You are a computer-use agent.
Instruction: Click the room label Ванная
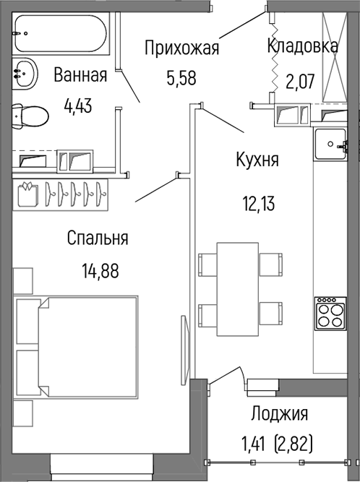pyautogui.click(x=80, y=75)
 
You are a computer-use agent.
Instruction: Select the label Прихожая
pyautogui.click(x=181, y=49)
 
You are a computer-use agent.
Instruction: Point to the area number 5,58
pyautogui.click(x=181, y=78)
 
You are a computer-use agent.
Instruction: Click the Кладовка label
pyautogui.click(x=302, y=46)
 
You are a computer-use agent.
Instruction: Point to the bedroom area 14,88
pyautogui.click(x=100, y=271)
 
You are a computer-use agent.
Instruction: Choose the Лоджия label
pyautogui.click(x=280, y=414)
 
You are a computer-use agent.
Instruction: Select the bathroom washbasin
pyautogui.click(x=27, y=73)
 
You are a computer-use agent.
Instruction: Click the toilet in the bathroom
pyautogui.click(x=29, y=116)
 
